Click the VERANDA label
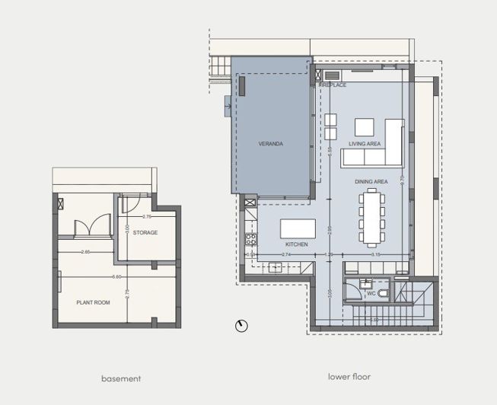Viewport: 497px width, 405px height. click(270, 143)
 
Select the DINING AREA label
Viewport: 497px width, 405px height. click(371, 182)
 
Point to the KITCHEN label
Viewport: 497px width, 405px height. click(296, 244)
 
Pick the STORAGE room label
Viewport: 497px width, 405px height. click(145, 232)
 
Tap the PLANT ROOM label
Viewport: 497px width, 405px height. click(94, 302)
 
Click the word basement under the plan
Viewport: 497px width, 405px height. click(121, 378)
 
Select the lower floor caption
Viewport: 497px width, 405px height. click(349, 376)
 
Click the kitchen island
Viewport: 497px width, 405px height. click(298, 229)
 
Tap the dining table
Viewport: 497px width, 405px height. click(371, 217)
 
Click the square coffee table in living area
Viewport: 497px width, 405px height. click(365, 127)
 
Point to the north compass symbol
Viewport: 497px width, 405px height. click(242, 326)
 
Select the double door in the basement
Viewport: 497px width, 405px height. click(87, 227)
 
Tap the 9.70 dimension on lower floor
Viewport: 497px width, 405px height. click(412, 180)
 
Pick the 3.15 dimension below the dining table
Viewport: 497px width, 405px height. click(375, 254)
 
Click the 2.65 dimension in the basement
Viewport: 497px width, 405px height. click(86, 251)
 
